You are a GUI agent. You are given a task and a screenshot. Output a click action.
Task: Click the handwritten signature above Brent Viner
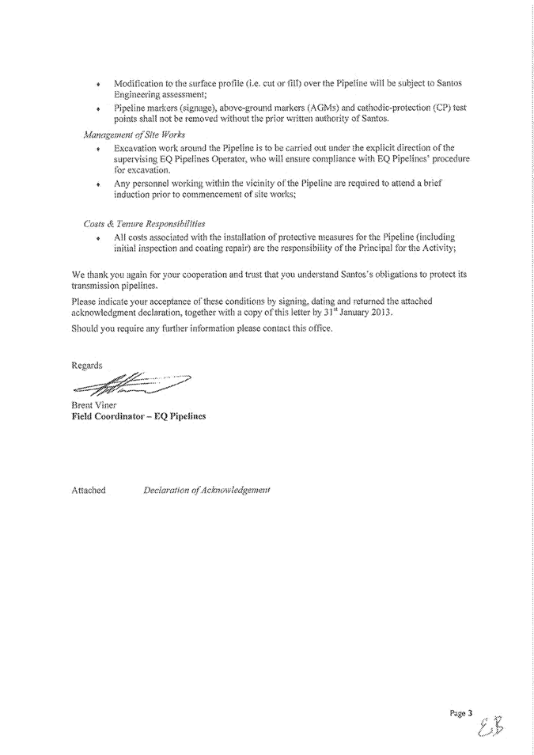pyautogui.click(x=131, y=385)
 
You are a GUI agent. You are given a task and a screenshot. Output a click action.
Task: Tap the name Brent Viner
pyautogui.click(x=93, y=404)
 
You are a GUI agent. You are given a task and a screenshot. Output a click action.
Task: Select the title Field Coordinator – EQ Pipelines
pyautogui.click(x=138, y=415)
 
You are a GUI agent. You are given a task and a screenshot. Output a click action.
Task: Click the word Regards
pyautogui.click(x=87, y=365)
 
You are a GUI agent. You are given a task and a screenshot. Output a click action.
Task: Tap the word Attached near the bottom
pyautogui.click(x=89, y=490)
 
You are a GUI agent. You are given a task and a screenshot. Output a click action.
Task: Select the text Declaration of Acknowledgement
pyautogui.click(x=207, y=490)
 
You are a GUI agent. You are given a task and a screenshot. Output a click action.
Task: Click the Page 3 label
pyautogui.click(x=461, y=713)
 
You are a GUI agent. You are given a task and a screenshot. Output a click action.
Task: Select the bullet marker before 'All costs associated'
pyautogui.click(x=99, y=237)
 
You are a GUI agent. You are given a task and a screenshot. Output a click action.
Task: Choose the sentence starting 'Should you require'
pyautogui.click(x=202, y=328)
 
